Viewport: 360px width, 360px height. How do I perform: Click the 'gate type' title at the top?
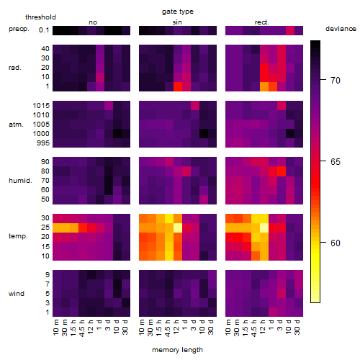178,12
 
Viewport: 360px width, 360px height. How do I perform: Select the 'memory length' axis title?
177,350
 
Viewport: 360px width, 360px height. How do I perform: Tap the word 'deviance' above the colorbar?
341,29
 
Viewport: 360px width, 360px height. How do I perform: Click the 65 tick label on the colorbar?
336,162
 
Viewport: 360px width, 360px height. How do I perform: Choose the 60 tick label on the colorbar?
336,243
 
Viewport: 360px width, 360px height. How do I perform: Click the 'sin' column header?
177,22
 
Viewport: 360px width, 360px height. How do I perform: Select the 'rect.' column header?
262,22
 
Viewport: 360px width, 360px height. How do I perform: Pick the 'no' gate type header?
93,22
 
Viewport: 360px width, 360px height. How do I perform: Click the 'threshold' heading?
40,17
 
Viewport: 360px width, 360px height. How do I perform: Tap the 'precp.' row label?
19,30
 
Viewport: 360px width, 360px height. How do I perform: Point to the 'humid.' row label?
20,180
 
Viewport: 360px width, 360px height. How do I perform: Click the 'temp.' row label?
18,236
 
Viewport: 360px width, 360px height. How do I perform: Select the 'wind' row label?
17,294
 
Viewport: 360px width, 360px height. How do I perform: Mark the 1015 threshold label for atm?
41,105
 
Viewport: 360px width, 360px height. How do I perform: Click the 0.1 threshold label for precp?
44,30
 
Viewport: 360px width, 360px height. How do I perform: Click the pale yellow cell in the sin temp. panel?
178,228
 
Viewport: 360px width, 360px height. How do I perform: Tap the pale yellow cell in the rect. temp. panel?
264,228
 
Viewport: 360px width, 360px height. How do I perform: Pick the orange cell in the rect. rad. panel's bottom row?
264,86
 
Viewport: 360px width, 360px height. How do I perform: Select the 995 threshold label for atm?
43,143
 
